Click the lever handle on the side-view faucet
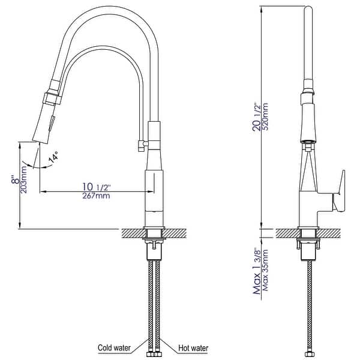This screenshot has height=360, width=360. click(x=340, y=191)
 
